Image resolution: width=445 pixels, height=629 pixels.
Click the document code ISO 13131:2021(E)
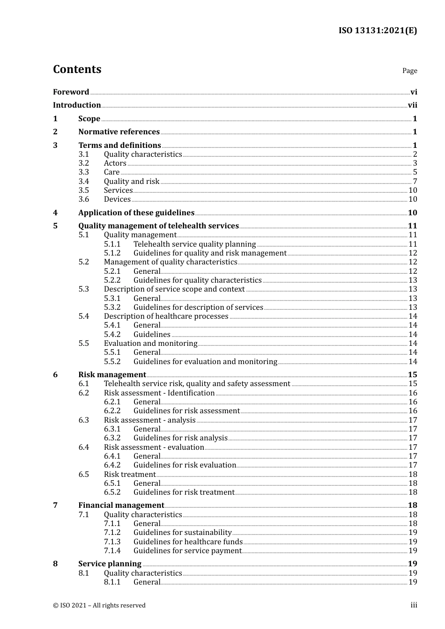(378, 30)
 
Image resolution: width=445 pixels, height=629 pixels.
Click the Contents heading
(77, 69)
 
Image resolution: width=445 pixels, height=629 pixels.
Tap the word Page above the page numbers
(409, 71)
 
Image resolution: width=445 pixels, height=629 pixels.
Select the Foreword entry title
(71, 92)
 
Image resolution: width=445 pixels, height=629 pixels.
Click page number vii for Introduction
(412, 105)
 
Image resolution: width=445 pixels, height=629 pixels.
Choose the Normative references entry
(119, 132)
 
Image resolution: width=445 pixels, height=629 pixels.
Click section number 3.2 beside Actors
(83, 163)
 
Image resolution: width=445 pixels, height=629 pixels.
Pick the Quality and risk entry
(132, 182)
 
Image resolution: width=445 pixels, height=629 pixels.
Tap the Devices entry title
(117, 199)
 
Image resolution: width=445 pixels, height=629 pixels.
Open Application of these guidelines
(136, 213)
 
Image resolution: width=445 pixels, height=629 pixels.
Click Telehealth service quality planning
(194, 244)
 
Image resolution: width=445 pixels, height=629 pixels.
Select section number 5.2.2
(112, 280)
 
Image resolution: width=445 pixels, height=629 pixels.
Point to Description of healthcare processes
(166, 316)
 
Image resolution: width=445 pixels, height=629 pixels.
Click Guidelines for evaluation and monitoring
(205, 362)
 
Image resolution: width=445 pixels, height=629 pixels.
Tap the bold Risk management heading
(112, 375)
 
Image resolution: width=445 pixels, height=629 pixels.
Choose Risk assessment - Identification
(159, 393)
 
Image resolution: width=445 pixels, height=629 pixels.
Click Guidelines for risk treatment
(184, 492)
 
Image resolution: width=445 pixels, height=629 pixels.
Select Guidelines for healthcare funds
(188, 542)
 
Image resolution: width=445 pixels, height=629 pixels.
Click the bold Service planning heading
(110, 564)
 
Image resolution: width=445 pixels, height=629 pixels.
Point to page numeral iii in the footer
(414, 605)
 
